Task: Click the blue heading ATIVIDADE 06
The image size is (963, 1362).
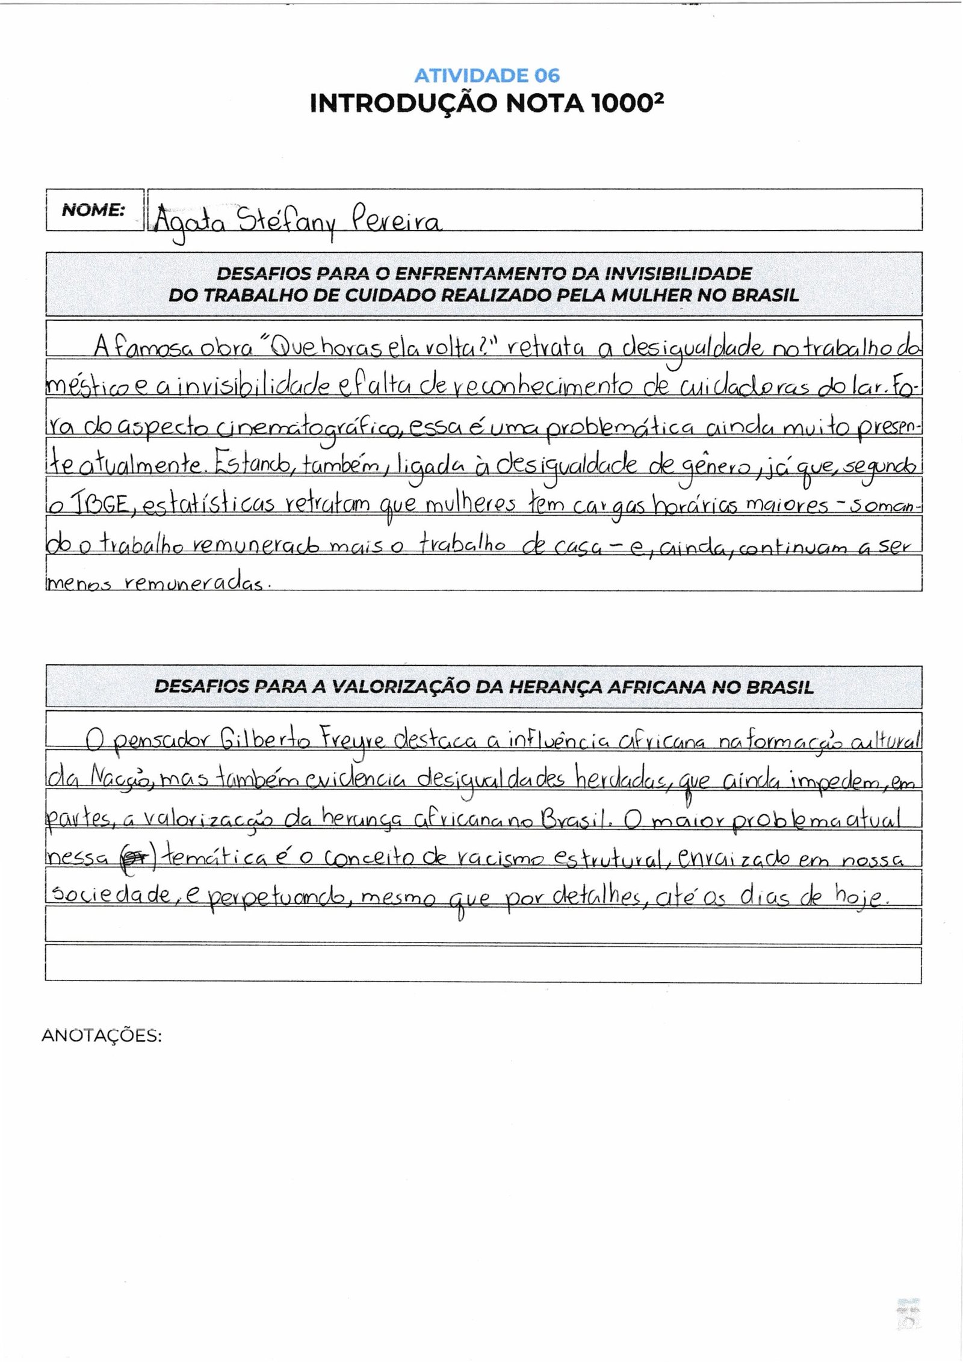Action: click(x=487, y=75)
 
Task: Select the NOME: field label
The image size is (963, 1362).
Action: click(x=93, y=209)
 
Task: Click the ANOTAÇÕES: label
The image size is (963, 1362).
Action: click(x=102, y=1036)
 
